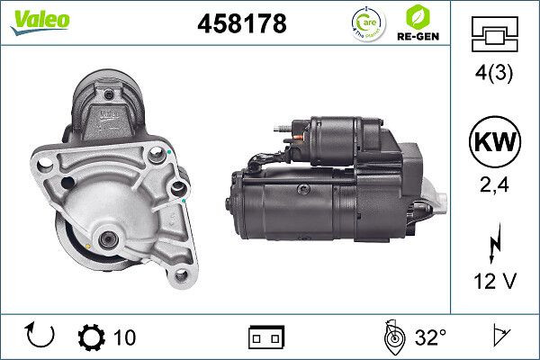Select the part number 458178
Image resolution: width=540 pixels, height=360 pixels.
241,24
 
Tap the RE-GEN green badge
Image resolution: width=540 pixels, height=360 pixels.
417,22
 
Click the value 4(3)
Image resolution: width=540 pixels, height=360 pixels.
494,76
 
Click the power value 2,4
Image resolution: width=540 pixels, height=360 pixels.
494,187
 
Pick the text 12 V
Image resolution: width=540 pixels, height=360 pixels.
494,281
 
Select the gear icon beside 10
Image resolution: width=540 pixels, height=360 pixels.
93,337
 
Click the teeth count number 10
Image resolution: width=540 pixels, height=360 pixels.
125,337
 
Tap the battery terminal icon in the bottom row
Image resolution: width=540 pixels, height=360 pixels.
266,337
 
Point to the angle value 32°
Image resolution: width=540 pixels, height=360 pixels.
430,337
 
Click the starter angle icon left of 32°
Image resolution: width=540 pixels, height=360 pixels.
392,337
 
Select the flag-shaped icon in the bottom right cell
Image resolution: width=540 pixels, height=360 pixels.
496,337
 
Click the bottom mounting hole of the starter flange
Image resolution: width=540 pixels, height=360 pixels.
181,275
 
